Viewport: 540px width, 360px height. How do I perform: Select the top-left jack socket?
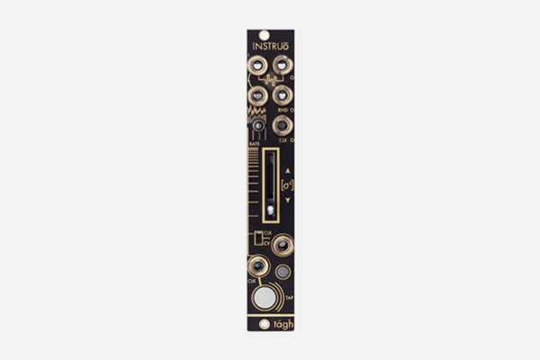256,65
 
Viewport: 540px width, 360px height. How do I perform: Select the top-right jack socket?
282,65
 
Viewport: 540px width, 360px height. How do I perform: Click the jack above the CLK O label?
282,125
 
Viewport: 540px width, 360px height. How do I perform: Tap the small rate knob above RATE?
258,126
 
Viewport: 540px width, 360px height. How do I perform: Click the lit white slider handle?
270,211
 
